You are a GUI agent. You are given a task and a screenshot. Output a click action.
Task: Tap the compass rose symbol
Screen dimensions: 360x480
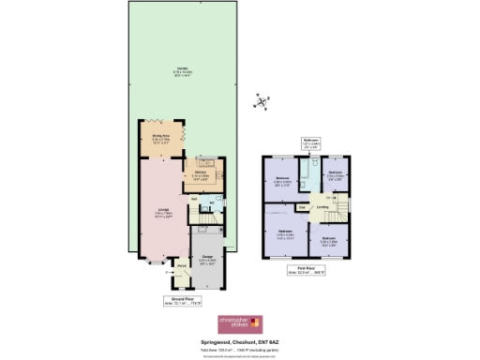[x=264, y=100]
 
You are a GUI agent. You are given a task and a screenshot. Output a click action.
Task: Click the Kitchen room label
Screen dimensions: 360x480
[x=202, y=174]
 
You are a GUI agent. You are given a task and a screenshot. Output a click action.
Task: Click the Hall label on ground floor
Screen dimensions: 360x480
[x=194, y=199]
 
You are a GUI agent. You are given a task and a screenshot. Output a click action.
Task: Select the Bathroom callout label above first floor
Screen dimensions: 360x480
[x=311, y=143]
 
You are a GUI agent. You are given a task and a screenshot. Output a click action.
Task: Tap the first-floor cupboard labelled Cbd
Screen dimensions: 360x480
[x=302, y=205]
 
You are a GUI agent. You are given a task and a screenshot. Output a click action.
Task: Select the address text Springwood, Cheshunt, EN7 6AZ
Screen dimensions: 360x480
[x=240, y=340]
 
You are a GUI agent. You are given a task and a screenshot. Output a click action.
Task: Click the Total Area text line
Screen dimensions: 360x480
[x=240, y=347]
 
